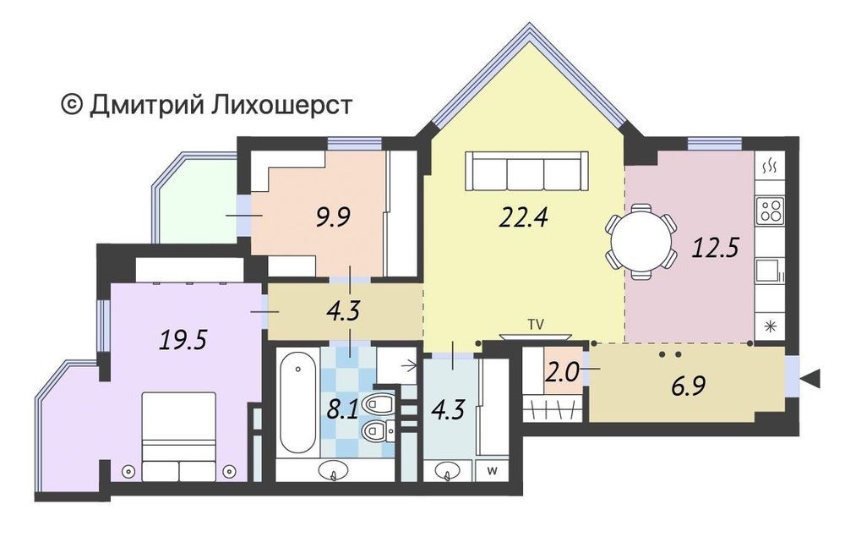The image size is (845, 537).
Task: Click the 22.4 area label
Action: pos(523,218)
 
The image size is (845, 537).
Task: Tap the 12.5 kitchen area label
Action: pos(715,249)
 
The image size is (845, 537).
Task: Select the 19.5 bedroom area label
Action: pos(183,340)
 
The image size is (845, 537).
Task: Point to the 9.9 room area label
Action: pos(333,218)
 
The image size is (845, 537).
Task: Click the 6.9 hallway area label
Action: pos(689,386)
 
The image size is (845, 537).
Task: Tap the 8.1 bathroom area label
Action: pos(343,411)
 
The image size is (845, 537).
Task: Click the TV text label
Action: pos(536,325)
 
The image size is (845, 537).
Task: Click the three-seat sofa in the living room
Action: pos(526,171)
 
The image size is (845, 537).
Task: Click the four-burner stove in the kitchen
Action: pos(769,211)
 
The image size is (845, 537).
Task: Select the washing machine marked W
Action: pos(492,471)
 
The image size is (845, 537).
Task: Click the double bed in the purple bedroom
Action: pos(179,436)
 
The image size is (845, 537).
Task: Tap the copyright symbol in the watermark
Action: pos(72,105)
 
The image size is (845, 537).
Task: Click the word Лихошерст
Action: pos(281,105)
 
